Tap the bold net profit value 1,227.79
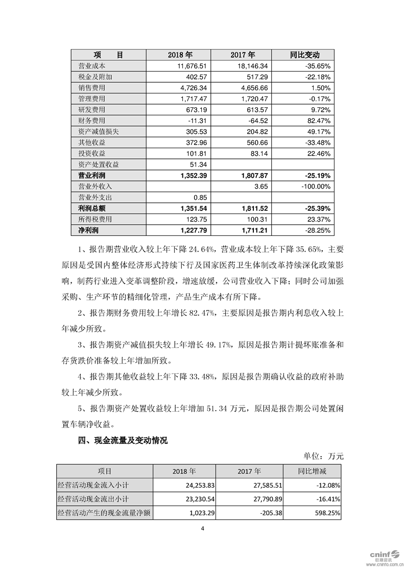click(189, 230)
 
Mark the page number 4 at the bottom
click(202, 529)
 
